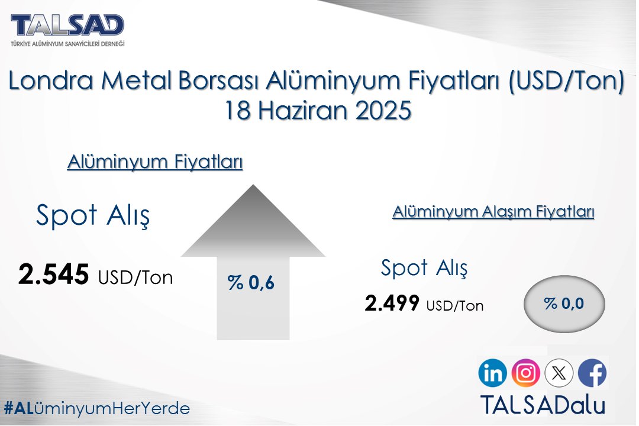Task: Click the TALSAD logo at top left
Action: click(x=68, y=29)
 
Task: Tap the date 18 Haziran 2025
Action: click(x=318, y=111)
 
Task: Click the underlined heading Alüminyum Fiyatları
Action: click(x=155, y=162)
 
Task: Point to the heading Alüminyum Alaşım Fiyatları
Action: click(x=493, y=212)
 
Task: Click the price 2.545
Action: click(x=54, y=275)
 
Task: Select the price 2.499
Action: click(x=392, y=304)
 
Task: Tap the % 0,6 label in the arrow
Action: click(x=251, y=283)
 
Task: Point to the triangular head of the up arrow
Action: click(x=253, y=225)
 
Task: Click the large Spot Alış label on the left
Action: click(x=93, y=216)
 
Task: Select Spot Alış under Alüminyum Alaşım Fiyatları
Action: click(x=424, y=268)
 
